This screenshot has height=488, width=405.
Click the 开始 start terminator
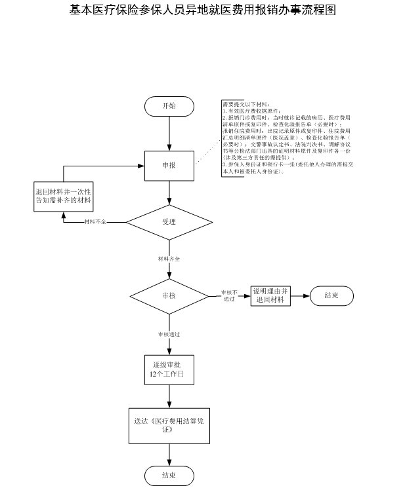click(x=169, y=106)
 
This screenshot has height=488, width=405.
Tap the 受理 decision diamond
click(x=169, y=222)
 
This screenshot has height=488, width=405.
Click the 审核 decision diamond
click(x=169, y=295)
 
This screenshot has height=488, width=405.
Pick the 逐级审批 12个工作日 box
click(x=169, y=370)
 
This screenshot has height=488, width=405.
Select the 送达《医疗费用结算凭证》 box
click(x=169, y=425)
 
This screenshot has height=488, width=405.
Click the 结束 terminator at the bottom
click(x=169, y=475)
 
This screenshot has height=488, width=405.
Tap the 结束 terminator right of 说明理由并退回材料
click(x=331, y=295)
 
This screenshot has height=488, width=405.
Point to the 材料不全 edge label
click(x=95, y=222)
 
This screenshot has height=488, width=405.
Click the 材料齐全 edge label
click(x=169, y=259)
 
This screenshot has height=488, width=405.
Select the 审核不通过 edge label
click(x=228, y=295)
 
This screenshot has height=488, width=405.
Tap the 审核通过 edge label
click(x=169, y=334)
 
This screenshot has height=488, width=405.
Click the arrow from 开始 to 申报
click(x=169, y=133)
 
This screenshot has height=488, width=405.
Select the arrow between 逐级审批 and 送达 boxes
click(x=169, y=397)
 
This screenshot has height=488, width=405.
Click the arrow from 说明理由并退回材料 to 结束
click(x=299, y=295)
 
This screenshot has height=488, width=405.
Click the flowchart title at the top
click(x=202, y=10)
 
